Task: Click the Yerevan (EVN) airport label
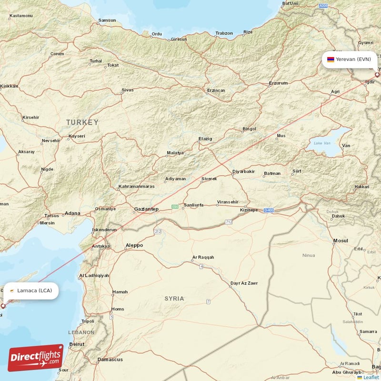click(353, 60)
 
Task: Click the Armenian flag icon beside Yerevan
click(330, 60)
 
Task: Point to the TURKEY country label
click(82, 122)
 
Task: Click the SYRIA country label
click(174, 299)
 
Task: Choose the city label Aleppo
click(134, 245)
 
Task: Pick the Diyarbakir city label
click(243, 171)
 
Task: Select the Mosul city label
click(341, 241)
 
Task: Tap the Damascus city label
click(110, 359)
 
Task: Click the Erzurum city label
click(278, 83)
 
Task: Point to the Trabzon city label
click(224, 33)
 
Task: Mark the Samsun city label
click(107, 20)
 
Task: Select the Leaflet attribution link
click(371, 377)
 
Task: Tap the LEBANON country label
click(81, 332)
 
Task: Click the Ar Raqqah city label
click(203, 258)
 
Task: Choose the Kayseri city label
click(77, 136)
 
